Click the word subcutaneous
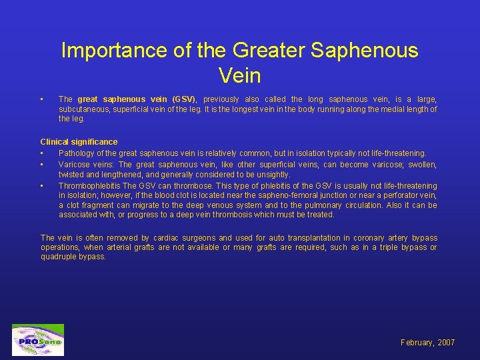83,109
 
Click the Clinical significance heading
79,142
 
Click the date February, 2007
427,343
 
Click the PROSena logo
38,341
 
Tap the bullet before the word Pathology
42,153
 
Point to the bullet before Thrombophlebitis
42,186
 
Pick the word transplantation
308,238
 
